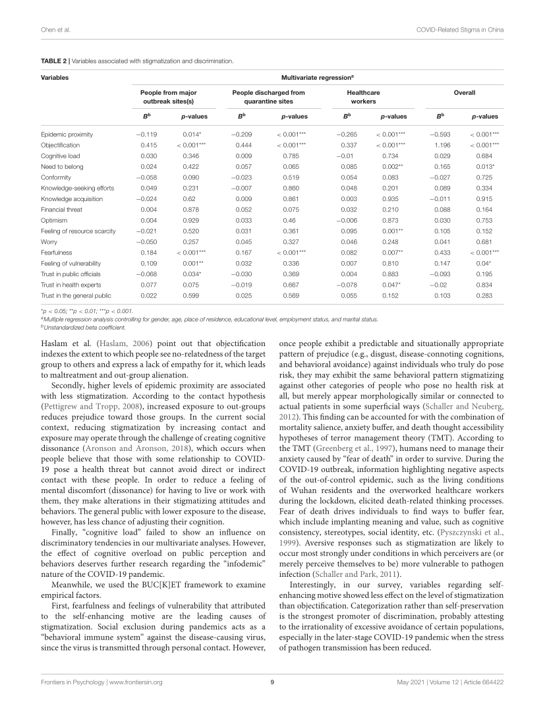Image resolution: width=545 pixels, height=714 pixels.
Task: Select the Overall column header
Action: click(x=465, y=93)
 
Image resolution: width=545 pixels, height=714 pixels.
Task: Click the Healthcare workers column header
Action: click(x=363, y=98)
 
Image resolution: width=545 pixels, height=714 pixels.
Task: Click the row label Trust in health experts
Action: click(x=70, y=284)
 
